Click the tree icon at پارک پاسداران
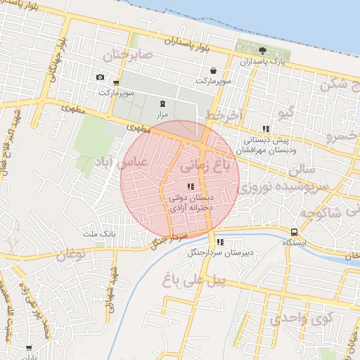click(263, 50)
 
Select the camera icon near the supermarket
click(100, 77)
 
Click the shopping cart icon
click(115, 82)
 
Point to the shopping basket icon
click(213, 70)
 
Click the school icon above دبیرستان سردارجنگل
click(220, 242)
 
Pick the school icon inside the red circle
click(191, 186)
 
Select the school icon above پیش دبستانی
click(265, 129)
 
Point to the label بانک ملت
click(98, 233)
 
